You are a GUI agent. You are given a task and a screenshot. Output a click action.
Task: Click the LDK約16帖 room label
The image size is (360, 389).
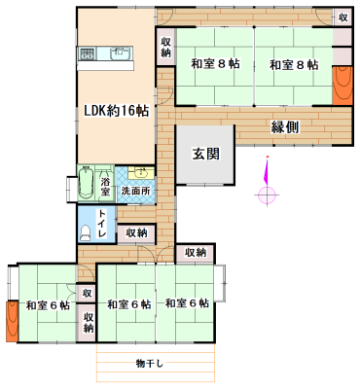coord(115,110)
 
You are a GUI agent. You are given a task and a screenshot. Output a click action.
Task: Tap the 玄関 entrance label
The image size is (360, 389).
coord(205,153)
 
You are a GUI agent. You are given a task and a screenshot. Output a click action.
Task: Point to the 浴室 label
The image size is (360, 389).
coord(106,185)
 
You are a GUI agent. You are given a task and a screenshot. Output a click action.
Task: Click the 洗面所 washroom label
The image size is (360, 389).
coord(135,192)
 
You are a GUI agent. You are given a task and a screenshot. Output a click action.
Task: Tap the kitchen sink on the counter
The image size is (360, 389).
coord(120,53)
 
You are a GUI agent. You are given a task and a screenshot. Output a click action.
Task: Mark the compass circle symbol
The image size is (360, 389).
coord(266,194)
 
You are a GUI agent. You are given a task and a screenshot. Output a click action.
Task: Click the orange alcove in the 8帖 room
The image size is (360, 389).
coord(342,86)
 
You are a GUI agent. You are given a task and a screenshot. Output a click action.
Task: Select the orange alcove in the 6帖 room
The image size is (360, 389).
coord(11,317)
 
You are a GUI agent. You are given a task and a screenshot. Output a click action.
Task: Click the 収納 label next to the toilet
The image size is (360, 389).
coord(136,232)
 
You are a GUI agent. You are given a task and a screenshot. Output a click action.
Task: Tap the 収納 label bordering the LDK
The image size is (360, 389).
coord(166,47)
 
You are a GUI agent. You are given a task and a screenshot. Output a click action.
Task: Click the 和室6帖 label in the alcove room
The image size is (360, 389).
coord(47,305)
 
